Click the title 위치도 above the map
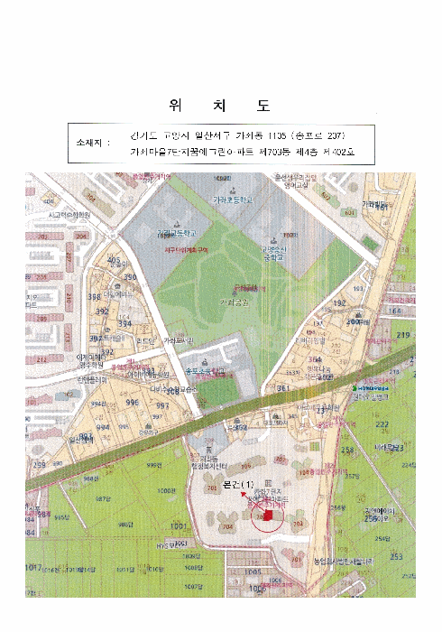220,105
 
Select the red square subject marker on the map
267,516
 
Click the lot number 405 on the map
114,260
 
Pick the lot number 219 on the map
402,336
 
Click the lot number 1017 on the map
34,567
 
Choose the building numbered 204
81,235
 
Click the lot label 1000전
165,491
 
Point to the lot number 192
339,304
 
